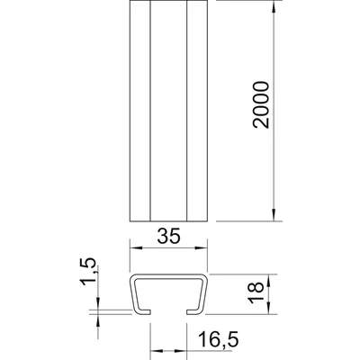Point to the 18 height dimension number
click(x=256, y=291)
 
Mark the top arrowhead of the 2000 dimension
click(x=272, y=7)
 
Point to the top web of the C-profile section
click(x=169, y=273)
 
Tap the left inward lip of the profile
click(x=141, y=310)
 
